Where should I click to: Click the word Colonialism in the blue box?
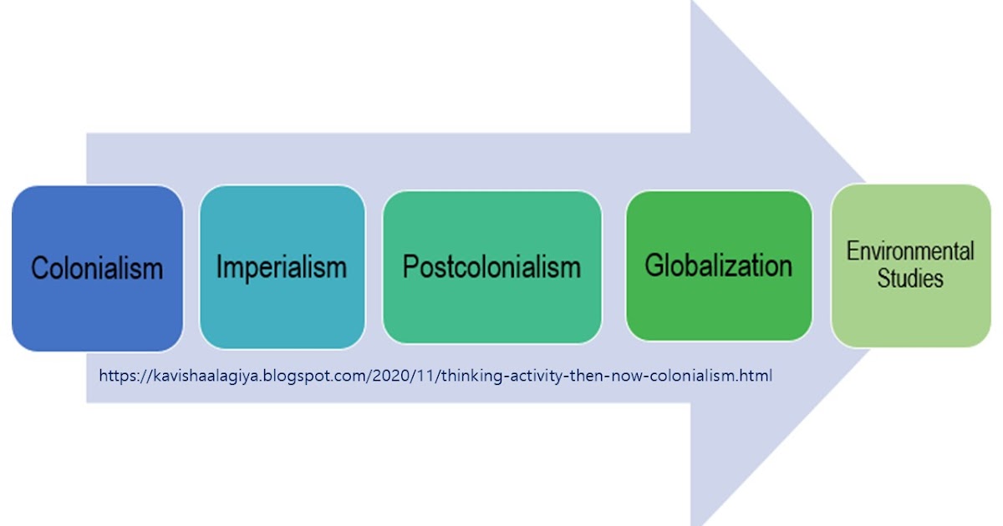coord(97,269)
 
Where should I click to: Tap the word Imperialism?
coord(282,267)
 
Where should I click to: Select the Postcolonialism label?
coord(491,267)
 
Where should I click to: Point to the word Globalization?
coord(718,266)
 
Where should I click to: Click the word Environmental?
coord(910,251)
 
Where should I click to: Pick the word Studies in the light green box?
coord(910,278)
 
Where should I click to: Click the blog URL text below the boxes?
coord(435,376)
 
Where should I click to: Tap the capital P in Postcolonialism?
coord(410,267)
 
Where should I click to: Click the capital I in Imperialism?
coord(220,267)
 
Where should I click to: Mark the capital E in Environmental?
coord(853,251)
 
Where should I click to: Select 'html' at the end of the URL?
coord(757,376)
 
